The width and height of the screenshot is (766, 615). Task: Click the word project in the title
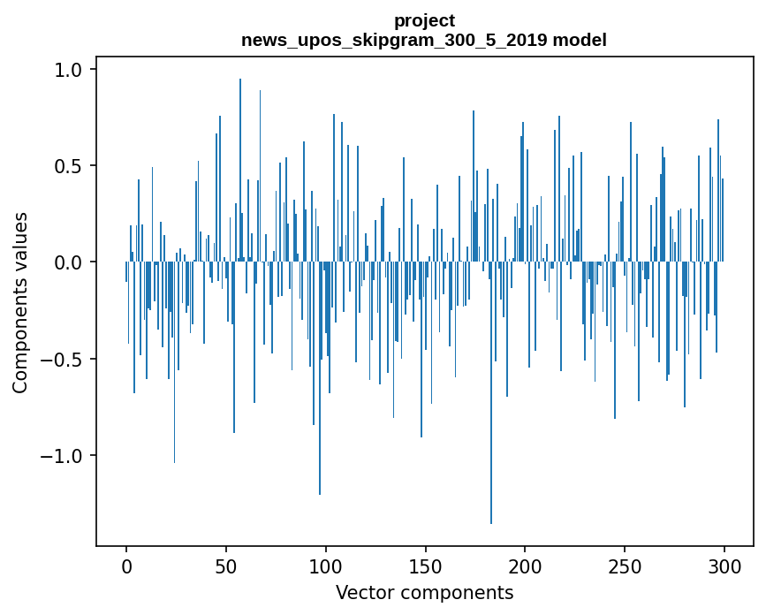point(424,21)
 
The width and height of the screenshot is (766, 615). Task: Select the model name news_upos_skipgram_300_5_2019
point(394,40)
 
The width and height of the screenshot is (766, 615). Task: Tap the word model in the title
point(580,40)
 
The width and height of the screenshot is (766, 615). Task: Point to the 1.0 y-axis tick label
point(70,70)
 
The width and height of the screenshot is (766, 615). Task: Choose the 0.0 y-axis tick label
point(70,262)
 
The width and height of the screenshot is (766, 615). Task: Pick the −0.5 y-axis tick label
point(63,359)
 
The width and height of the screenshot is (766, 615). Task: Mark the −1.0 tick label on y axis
point(63,455)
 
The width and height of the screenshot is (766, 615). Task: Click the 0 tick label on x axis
point(126,566)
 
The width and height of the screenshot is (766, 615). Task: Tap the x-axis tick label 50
point(225,566)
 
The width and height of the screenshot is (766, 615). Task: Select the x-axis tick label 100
point(325,566)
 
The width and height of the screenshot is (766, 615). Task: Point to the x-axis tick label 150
point(425,566)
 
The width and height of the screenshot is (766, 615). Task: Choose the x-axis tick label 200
point(525,566)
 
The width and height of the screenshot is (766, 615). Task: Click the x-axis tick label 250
point(625,566)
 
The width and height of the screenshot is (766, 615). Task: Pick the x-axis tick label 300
point(724,566)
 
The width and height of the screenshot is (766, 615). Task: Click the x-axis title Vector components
point(424,593)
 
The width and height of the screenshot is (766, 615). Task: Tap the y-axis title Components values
point(20,303)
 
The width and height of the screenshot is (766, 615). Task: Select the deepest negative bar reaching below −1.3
point(491,392)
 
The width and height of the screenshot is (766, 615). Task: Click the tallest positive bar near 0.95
point(239,170)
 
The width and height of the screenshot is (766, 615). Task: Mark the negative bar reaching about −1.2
point(320,378)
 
